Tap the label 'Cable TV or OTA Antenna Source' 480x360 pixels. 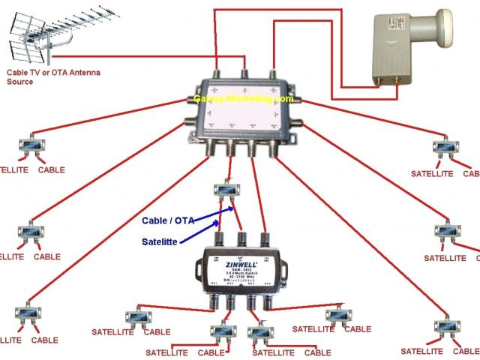point(52,76)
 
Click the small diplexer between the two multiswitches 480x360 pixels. point(225,190)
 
